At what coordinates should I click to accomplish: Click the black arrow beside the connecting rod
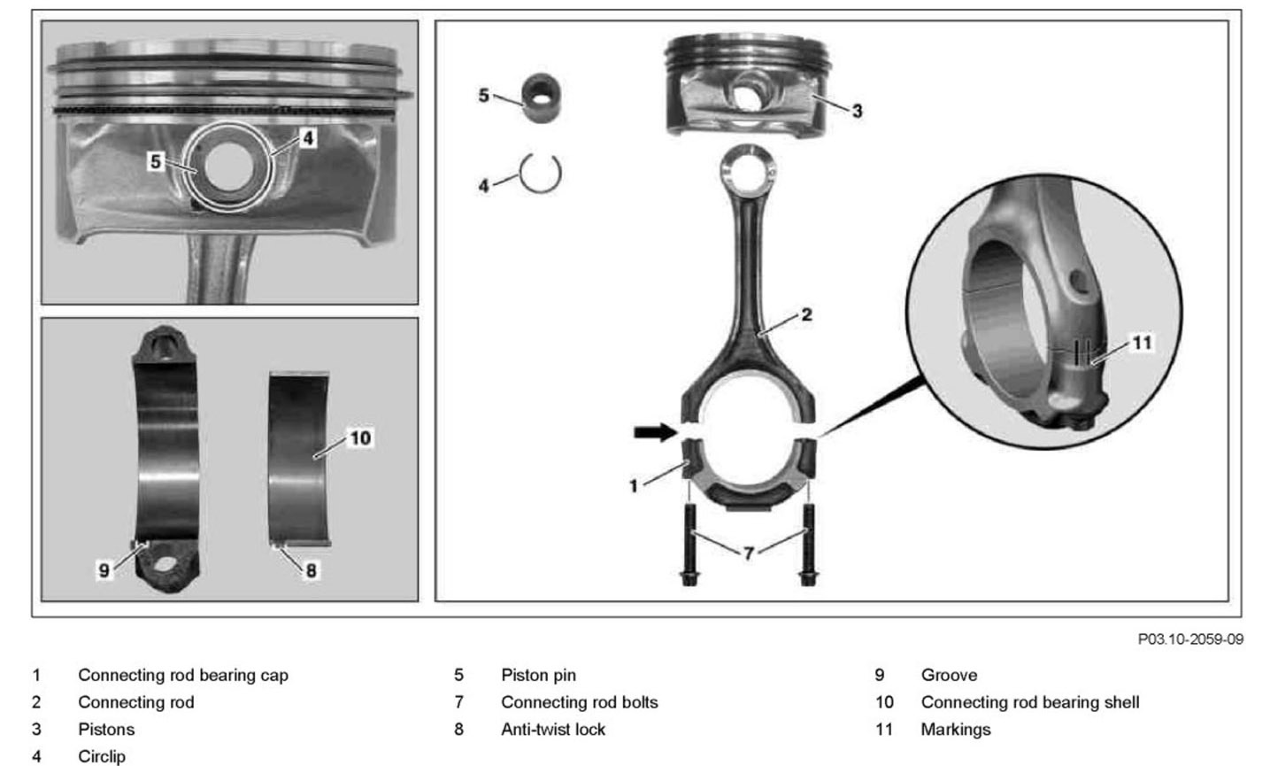pos(653,432)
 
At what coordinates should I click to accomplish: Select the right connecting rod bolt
pos(807,545)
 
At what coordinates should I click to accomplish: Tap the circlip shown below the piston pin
pos(540,174)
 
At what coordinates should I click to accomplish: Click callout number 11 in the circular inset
pos(1143,342)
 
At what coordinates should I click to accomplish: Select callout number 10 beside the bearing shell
pos(360,437)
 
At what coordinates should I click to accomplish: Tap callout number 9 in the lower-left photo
pos(104,571)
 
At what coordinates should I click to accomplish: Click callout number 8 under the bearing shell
pos(311,570)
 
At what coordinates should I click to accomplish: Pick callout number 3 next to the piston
pos(857,111)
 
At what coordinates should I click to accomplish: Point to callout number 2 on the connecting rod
pos(806,314)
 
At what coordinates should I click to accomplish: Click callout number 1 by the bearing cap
pos(633,486)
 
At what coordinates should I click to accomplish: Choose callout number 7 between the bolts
pos(749,553)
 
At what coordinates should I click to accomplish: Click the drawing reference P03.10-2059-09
pos(1190,638)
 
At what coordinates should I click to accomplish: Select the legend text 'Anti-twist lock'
pos(553,730)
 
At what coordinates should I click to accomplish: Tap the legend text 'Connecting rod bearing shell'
pos(1030,702)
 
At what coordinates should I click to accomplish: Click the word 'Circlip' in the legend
pos(102,756)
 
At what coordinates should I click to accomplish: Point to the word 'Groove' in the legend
pos(949,675)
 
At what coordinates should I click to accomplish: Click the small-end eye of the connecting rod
pos(749,167)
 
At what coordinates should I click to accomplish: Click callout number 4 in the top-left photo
pos(307,138)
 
